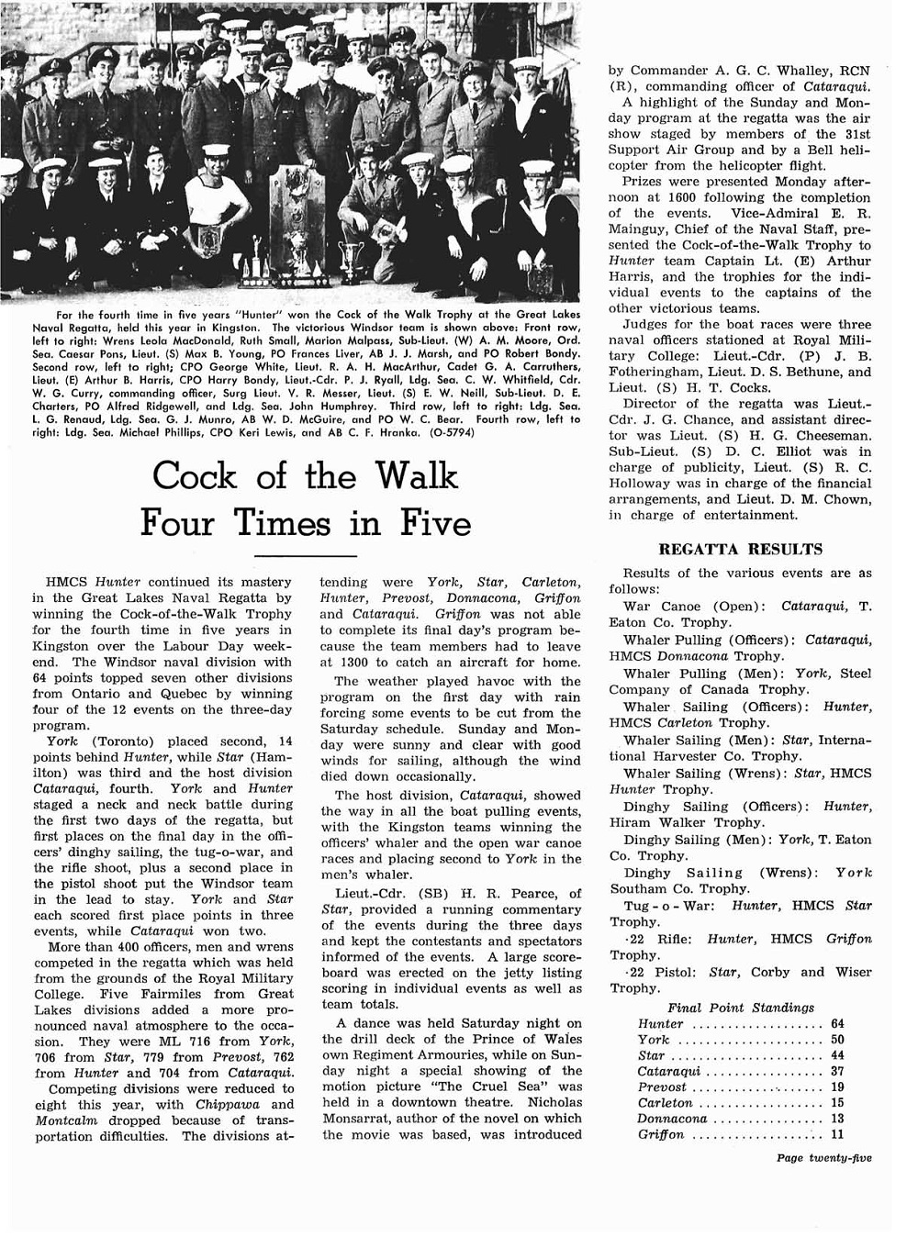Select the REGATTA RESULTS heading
pyautogui.click(x=742, y=550)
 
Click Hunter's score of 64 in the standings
pyautogui.click(x=837, y=1024)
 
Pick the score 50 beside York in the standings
pyautogui.click(x=837, y=1040)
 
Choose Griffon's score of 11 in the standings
pyautogui.click(x=837, y=1134)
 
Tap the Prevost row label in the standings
pyautogui.click(x=662, y=1087)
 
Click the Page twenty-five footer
pyautogui.click(x=823, y=1158)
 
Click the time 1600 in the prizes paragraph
pyautogui.click(x=675, y=197)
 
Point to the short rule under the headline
pyautogui.click(x=305, y=556)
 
